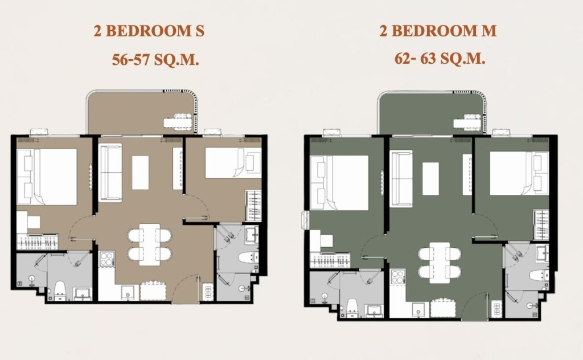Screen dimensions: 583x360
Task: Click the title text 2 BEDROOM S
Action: pos(149,31)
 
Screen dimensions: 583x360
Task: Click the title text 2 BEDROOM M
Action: pos(438,31)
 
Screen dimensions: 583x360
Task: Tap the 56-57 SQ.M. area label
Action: pos(155,59)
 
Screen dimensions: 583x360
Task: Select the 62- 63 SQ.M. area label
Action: pos(440,59)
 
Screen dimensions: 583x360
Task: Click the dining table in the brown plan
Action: pos(150,244)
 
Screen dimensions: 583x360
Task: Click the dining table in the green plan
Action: pos(440,263)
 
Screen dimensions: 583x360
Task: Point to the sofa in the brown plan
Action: pos(110,173)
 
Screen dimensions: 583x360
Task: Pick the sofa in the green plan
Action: pos(401,178)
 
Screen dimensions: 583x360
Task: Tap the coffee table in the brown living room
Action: pos(140,173)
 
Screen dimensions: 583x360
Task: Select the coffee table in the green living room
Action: pos(430,178)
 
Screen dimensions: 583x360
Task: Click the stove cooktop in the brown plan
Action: pos(106,259)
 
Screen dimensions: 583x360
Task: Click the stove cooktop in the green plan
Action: pos(397,277)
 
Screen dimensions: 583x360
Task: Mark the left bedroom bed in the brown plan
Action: pos(47,177)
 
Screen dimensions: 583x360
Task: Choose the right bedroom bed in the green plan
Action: pos(519,173)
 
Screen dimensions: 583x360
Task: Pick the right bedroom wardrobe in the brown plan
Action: pos(253,206)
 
